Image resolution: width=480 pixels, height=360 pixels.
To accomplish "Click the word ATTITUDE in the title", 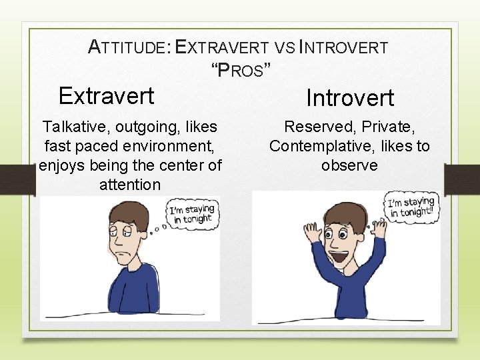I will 129,47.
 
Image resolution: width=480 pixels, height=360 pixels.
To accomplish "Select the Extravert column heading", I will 106,96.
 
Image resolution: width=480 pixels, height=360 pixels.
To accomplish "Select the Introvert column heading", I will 350,98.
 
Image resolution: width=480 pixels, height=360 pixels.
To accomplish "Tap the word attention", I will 130,185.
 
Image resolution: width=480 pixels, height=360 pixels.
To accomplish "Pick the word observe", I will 349,165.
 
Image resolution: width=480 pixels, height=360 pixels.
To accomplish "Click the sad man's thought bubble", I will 191,213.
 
